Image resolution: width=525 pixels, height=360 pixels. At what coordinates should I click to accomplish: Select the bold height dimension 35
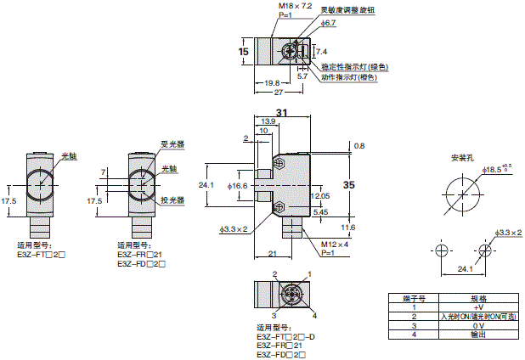[348, 183]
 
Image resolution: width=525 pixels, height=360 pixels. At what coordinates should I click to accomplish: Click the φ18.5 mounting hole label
[498, 172]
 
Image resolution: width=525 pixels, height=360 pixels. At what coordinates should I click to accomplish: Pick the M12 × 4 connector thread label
[310, 246]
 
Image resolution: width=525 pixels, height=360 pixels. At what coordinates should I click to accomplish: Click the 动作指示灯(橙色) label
[350, 77]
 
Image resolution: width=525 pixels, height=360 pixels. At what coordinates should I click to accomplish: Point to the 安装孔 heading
[463, 158]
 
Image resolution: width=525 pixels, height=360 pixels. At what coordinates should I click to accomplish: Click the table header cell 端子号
[413, 298]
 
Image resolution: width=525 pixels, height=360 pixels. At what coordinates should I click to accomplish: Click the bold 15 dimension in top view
[244, 52]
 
